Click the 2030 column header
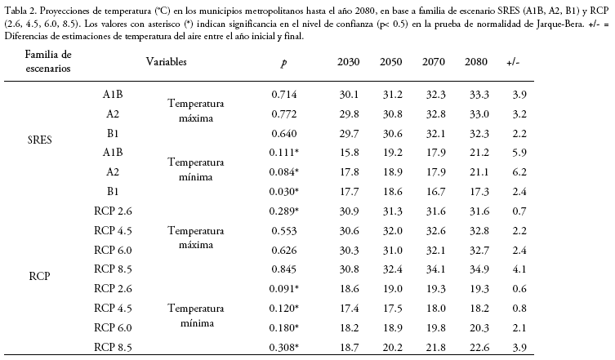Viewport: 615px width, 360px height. click(x=348, y=62)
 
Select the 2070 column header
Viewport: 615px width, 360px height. click(x=434, y=62)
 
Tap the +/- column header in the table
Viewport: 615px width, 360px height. click(x=513, y=62)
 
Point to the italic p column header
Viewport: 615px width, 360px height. click(x=284, y=63)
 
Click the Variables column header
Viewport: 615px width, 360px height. click(x=167, y=61)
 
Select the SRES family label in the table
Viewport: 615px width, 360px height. click(x=40, y=140)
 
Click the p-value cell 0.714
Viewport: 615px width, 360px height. click(x=284, y=95)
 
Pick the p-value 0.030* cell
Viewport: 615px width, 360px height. click(x=284, y=192)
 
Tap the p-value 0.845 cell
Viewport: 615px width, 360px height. click(x=284, y=269)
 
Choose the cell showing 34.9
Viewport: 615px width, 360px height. click(x=479, y=269)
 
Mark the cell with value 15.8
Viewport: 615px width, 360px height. click(x=349, y=153)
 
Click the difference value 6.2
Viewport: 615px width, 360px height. click(x=519, y=172)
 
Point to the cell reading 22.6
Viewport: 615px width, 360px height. click(x=479, y=348)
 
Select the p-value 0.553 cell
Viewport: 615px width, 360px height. click(x=284, y=231)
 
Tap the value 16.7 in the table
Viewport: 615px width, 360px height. click(x=436, y=192)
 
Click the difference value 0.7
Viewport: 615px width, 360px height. click(x=519, y=211)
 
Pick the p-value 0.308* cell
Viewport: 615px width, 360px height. click(x=284, y=348)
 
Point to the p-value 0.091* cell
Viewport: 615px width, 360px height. click(x=284, y=289)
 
